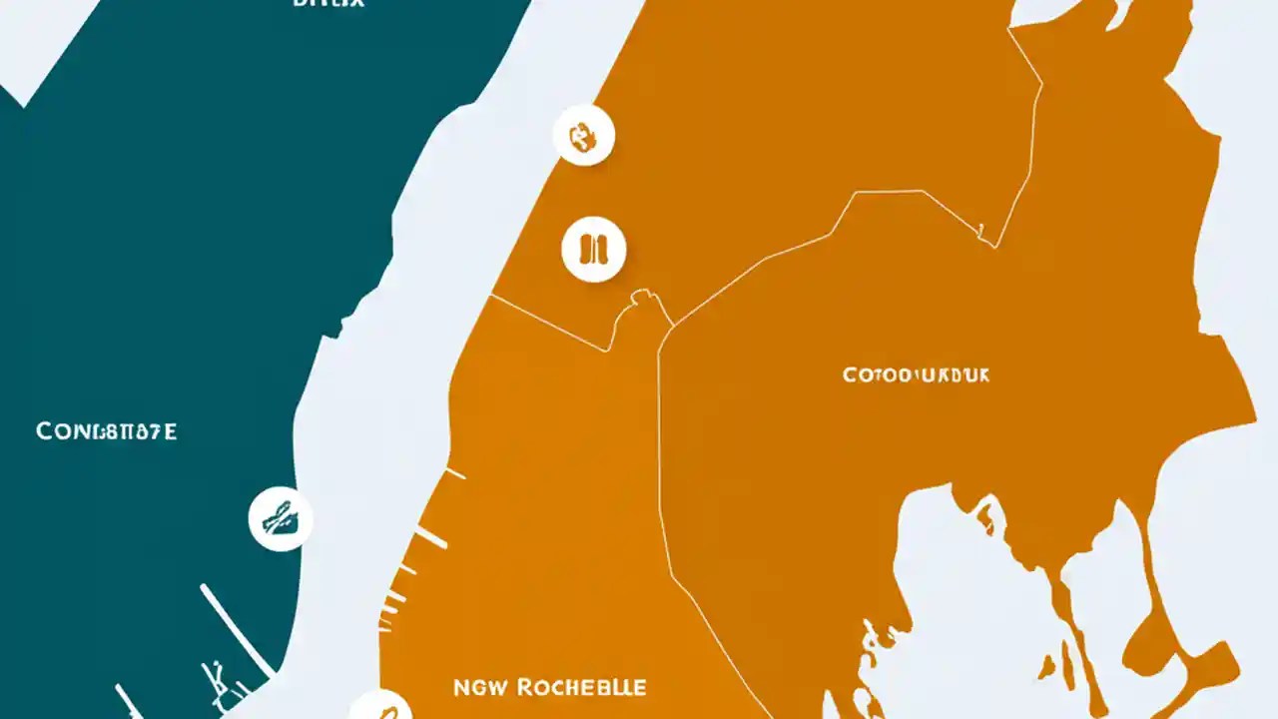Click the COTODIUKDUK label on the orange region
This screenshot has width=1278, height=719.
917,375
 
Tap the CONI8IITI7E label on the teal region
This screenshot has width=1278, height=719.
107,431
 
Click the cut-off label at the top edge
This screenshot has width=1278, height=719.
328,4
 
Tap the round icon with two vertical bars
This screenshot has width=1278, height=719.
594,249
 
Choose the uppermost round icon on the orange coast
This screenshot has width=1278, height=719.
583,135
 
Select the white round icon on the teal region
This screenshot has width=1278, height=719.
281,519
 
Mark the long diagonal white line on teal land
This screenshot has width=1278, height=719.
238,629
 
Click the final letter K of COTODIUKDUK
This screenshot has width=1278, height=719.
982,375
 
